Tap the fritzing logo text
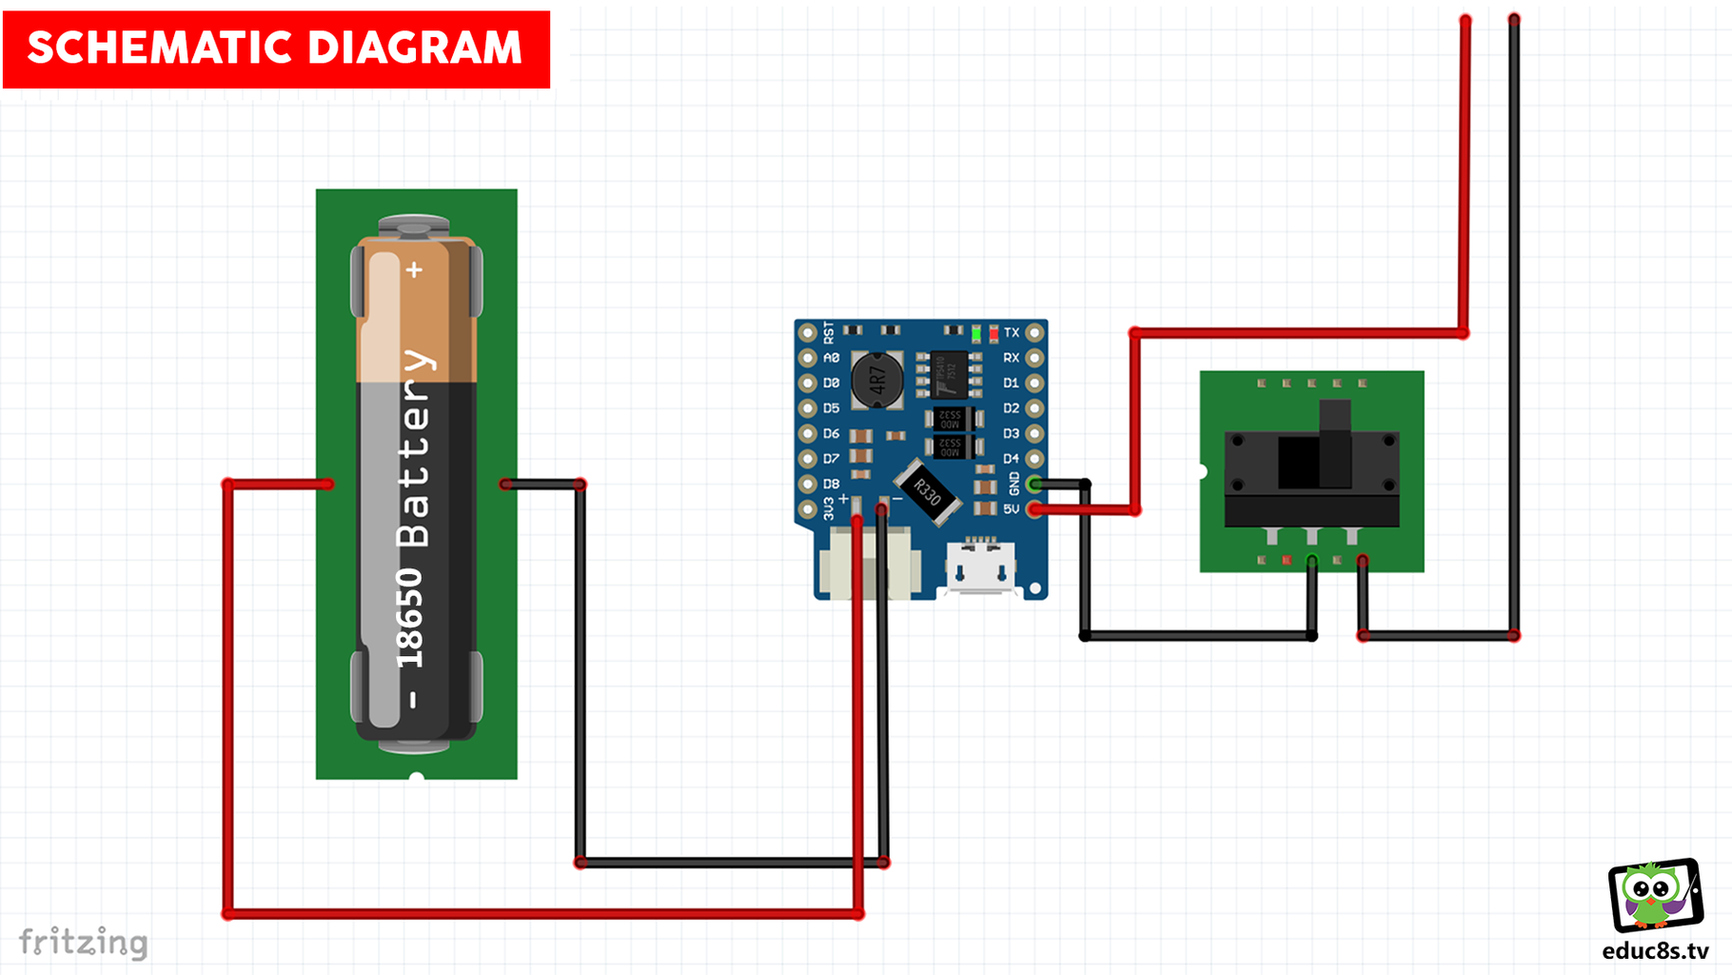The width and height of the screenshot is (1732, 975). (84, 942)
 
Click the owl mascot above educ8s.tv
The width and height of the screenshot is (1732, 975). (1654, 895)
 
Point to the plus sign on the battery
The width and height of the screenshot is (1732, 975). (414, 270)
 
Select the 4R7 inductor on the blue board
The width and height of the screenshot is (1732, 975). (876, 380)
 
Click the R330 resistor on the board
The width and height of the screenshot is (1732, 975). (927, 492)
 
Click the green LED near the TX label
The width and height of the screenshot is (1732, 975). (976, 333)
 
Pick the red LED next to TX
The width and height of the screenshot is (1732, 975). (994, 333)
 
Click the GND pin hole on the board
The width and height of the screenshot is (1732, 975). (1035, 485)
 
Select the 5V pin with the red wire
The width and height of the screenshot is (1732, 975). (1035, 509)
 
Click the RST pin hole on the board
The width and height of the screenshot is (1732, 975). (807, 332)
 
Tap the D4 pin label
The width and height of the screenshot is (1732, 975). (1011, 459)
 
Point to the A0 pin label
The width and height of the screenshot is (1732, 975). (831, 358)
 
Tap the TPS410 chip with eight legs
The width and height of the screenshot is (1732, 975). (949, 373)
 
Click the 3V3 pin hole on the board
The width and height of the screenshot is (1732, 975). (807, 509)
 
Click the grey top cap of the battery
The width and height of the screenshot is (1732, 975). (414, 226)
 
